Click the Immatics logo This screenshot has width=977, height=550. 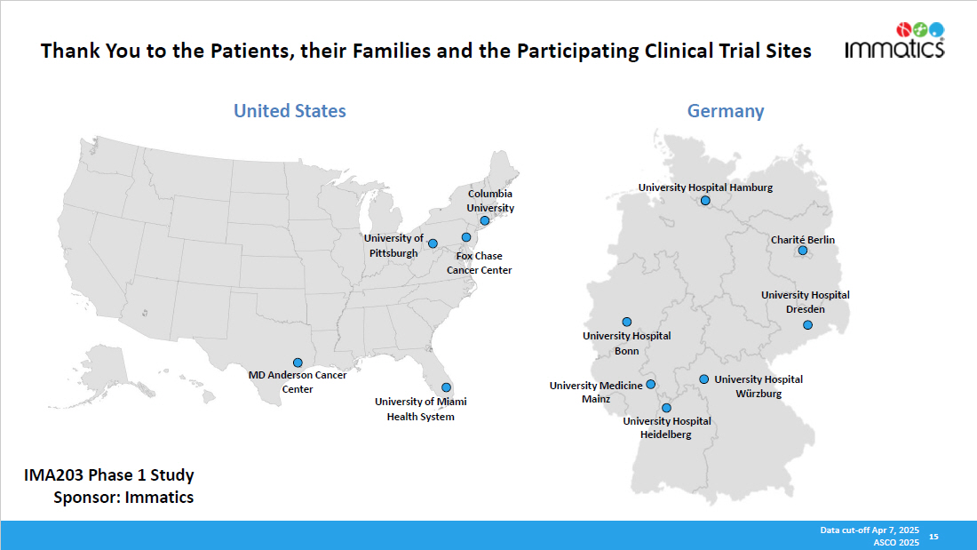(x=894, y=40)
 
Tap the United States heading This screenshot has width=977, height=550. (x=290, y=111)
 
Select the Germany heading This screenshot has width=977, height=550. (x=725, y=111)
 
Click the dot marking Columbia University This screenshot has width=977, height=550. (x=484, y=220)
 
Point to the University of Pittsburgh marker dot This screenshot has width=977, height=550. (x=433, y=243)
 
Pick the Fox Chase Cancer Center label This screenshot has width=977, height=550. (x=479, y=263)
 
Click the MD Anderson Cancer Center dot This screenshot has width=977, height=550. (x=298, y=363)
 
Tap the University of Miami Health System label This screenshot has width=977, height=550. (x=420, y=409)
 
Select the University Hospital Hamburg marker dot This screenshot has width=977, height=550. (x=705, y=201)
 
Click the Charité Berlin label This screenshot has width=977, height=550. (x=802, y=240)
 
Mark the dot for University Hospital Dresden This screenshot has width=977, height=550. (x=807, y=325)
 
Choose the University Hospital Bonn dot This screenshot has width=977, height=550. (x=626, y=322)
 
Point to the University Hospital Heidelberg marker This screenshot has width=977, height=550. (x=666, y=408)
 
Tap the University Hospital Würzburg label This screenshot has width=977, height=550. (x=759, y=387)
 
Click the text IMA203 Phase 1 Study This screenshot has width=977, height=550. (x=108, y=476)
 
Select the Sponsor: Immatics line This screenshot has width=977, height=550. (x=123, y=498)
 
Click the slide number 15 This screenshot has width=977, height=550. (x=933, y=537)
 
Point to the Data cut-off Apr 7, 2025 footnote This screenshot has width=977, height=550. (x=869, y=530)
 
